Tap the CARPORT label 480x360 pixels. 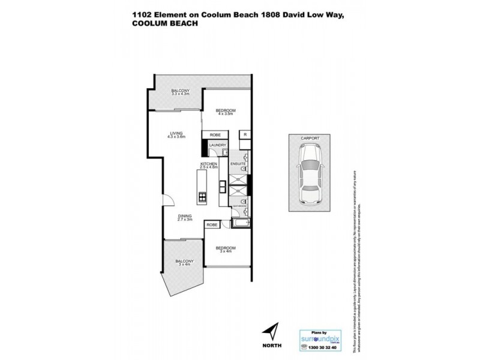pyautogui.click(x=310, y=137)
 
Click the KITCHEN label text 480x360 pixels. pyautogui.click(x=208, y=165)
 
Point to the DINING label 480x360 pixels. pyautogui.click(x=184, y=218)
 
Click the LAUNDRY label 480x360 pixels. pyautogui.click(x=217, y=144)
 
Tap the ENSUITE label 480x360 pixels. pyautogui.click(x=238, y=163)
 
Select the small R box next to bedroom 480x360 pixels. pyautogui.click(x=245, y=135)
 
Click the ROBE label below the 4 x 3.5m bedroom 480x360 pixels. pyautogui.click(x=215, y=135)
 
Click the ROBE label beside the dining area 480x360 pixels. pyautogui.click(x=212, y=224)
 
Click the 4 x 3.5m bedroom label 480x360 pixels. pyautogui.click(x=226, y=112)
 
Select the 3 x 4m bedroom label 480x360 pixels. pyautogui.click(x=226, y=248)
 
